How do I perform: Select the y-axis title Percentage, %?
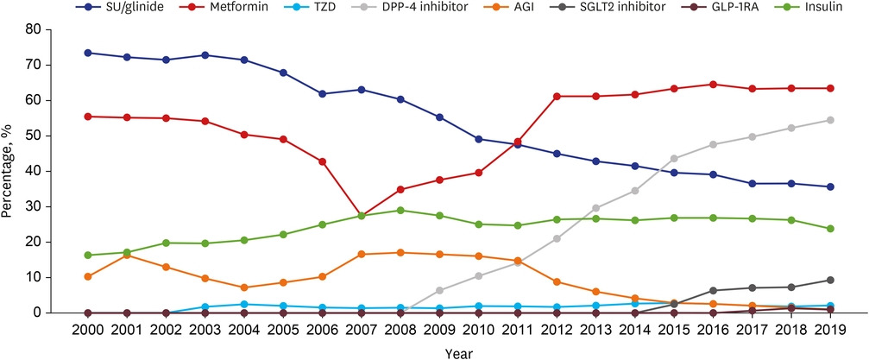[8, 171]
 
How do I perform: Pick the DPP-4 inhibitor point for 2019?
[828, 120]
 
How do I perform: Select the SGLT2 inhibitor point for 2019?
[828, 280]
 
